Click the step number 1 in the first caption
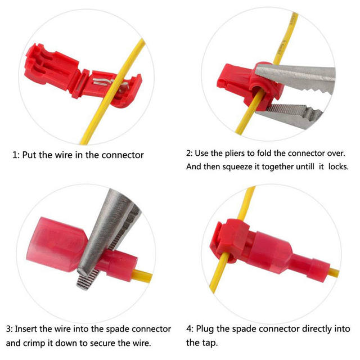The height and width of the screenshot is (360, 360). coord(15,155)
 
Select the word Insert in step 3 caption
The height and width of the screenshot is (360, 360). coord(30,329)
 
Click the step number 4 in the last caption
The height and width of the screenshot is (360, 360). coord(190,329)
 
